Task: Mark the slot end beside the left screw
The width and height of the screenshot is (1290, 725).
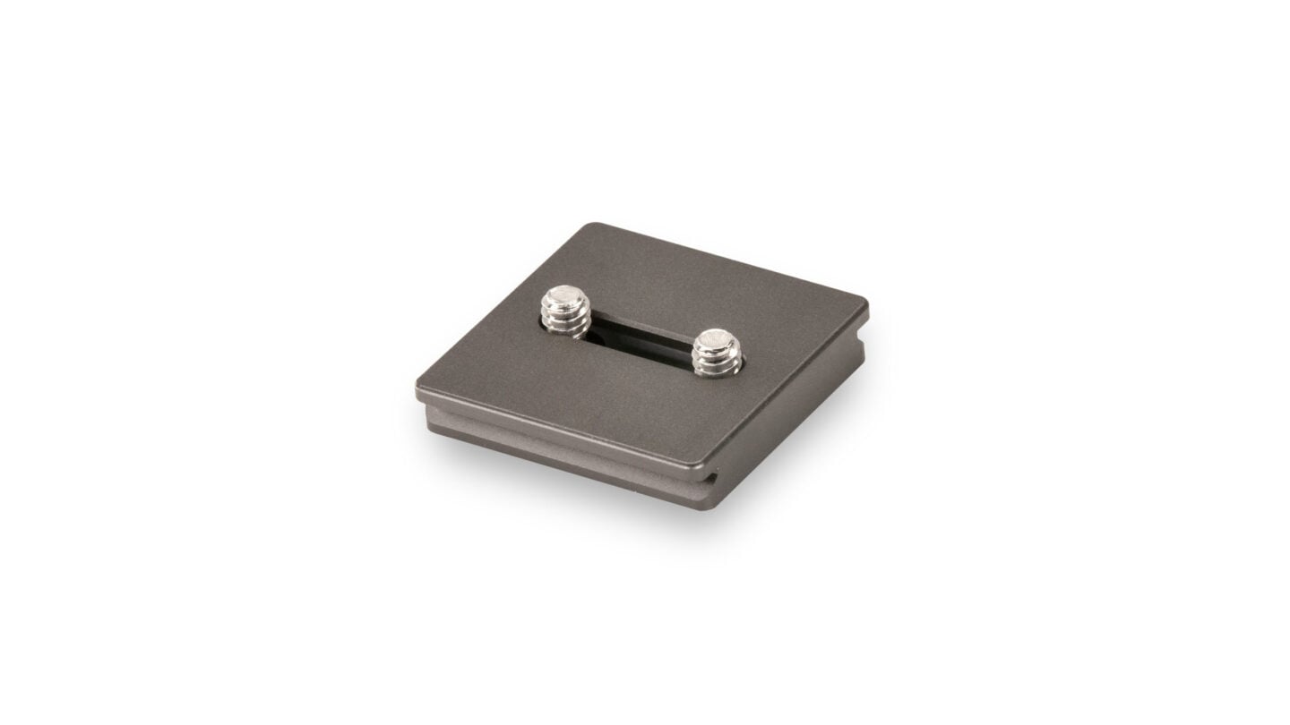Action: point(586,332)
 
